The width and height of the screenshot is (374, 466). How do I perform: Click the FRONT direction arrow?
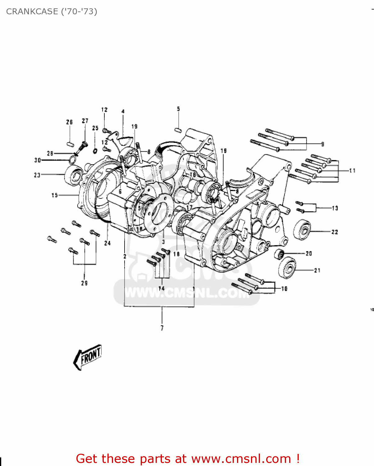[88, 357]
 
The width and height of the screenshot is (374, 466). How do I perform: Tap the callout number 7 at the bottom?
[162, 328]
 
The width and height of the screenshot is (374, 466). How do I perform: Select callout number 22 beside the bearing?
[335, 232]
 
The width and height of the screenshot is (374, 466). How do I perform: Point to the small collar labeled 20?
[279, 254]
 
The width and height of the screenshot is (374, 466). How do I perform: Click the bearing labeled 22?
[302, 230]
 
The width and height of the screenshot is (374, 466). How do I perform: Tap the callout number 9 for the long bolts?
[322, 144]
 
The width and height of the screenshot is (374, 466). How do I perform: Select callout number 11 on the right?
[352, 171]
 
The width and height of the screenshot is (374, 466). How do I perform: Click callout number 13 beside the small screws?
[335, 208]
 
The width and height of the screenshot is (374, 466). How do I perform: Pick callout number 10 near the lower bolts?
[284, 289]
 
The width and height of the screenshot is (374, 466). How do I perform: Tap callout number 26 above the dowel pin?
[69, 122]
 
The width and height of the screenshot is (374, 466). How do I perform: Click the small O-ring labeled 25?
[95, 151]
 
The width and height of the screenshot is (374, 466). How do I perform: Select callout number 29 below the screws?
[84, 283]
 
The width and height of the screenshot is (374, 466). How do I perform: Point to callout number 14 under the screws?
[161, 288]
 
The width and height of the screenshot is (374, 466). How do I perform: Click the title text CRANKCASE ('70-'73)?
[52, 11]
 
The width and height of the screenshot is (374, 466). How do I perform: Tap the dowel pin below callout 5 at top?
[178, 129]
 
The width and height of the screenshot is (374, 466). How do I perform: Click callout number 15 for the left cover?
[55, 195]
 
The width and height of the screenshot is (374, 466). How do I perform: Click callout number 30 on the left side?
[38, 160]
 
